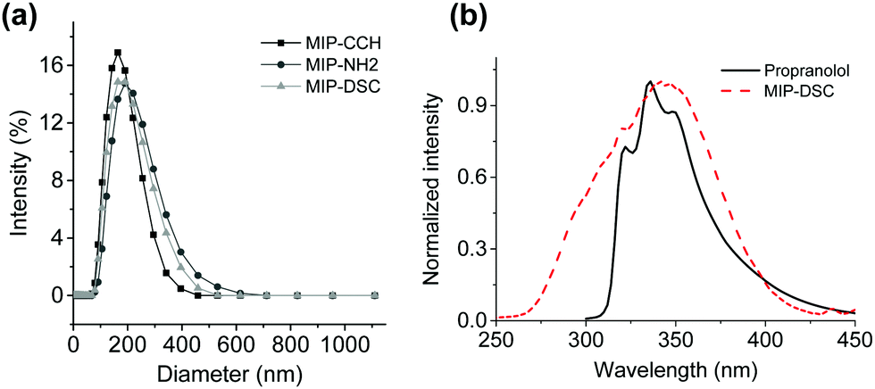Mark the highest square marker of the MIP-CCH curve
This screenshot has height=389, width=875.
tap(117, 52)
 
